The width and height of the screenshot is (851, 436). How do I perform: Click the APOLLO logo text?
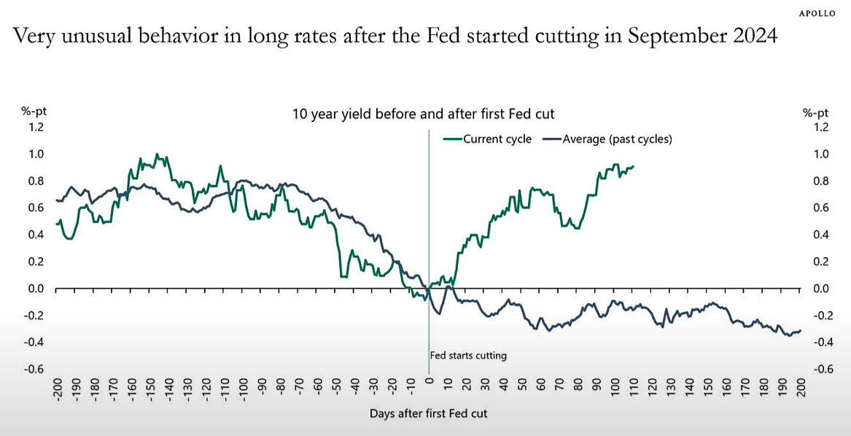point(817,13)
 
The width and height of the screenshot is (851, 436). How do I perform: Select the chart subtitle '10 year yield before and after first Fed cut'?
point(424,114)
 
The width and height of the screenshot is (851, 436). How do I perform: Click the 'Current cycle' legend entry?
point(497,139)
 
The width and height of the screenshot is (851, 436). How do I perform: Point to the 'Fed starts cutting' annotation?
point(468,356)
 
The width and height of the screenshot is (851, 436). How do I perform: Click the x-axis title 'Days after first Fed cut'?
point(428,413)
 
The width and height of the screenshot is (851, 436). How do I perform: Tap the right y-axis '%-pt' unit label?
point(815,112)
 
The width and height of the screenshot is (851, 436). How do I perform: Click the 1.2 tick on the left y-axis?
point(36,127)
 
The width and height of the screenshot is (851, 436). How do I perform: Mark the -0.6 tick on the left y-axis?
point(34,369)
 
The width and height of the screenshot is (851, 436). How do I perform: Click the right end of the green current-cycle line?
point(634,167)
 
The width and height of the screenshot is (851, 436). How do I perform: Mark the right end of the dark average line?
point(801,331)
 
